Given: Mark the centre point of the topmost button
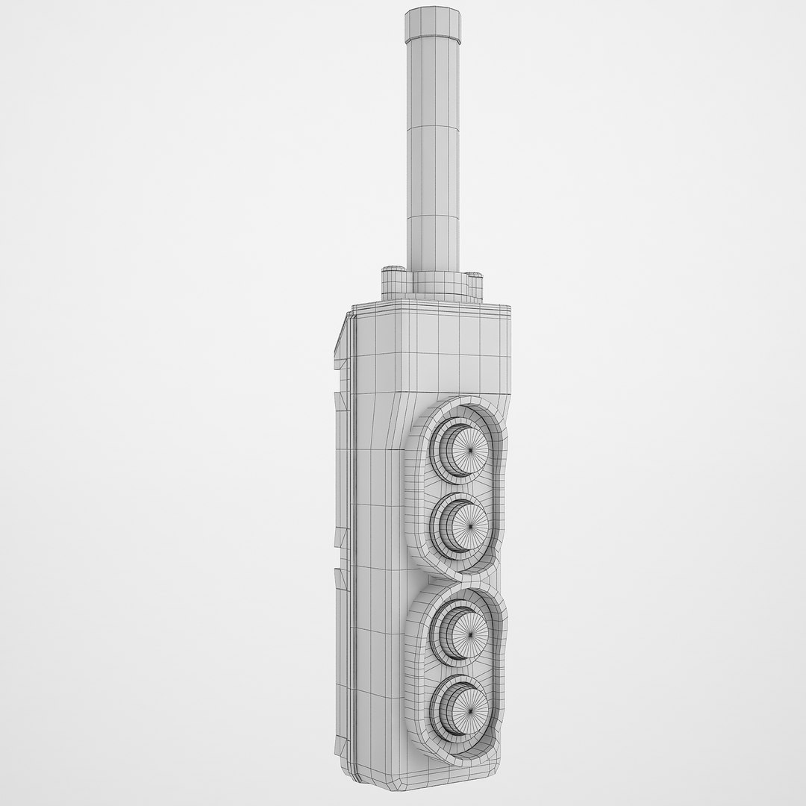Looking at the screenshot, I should click(470, 452).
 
